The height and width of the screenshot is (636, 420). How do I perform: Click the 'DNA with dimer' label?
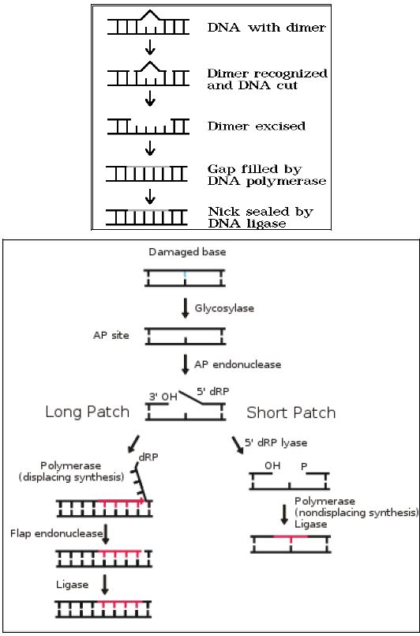[x=266, y=28]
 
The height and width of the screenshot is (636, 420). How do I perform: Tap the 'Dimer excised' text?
[x=257, y=126]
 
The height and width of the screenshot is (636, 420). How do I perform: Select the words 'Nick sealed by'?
[x=261, y=211]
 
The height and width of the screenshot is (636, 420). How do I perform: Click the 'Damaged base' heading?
[x=187, y=252]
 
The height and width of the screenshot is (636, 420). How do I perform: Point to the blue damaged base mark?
[x=186, y=275]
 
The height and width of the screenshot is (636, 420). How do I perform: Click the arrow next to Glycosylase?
[x=186, y=308]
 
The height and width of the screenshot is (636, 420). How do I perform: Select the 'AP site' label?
[x=111, y=336]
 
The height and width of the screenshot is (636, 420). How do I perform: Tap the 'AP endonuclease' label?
[x=238, y=364]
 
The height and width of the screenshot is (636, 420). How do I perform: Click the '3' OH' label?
[x=163, y=397]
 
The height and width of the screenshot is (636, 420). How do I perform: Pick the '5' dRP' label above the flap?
[x=213, y=391]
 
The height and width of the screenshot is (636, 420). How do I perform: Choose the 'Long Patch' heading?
[x=87, y=412]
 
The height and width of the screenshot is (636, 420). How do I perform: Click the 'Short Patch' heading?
[x=291, y=412]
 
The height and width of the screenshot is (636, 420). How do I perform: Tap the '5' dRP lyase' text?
[x=276, y=442]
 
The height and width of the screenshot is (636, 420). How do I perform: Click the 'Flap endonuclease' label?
[x=56, y=533]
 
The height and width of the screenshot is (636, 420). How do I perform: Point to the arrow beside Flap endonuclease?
[x=106, y=534]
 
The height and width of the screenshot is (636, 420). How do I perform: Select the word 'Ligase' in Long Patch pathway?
[x=72, y=585]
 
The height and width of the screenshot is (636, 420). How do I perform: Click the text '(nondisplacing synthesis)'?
[x=357, y=512]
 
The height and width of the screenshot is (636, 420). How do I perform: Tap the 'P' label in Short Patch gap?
[x=304, y=467]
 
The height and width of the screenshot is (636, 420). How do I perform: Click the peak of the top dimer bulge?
[x=150, y=11]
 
